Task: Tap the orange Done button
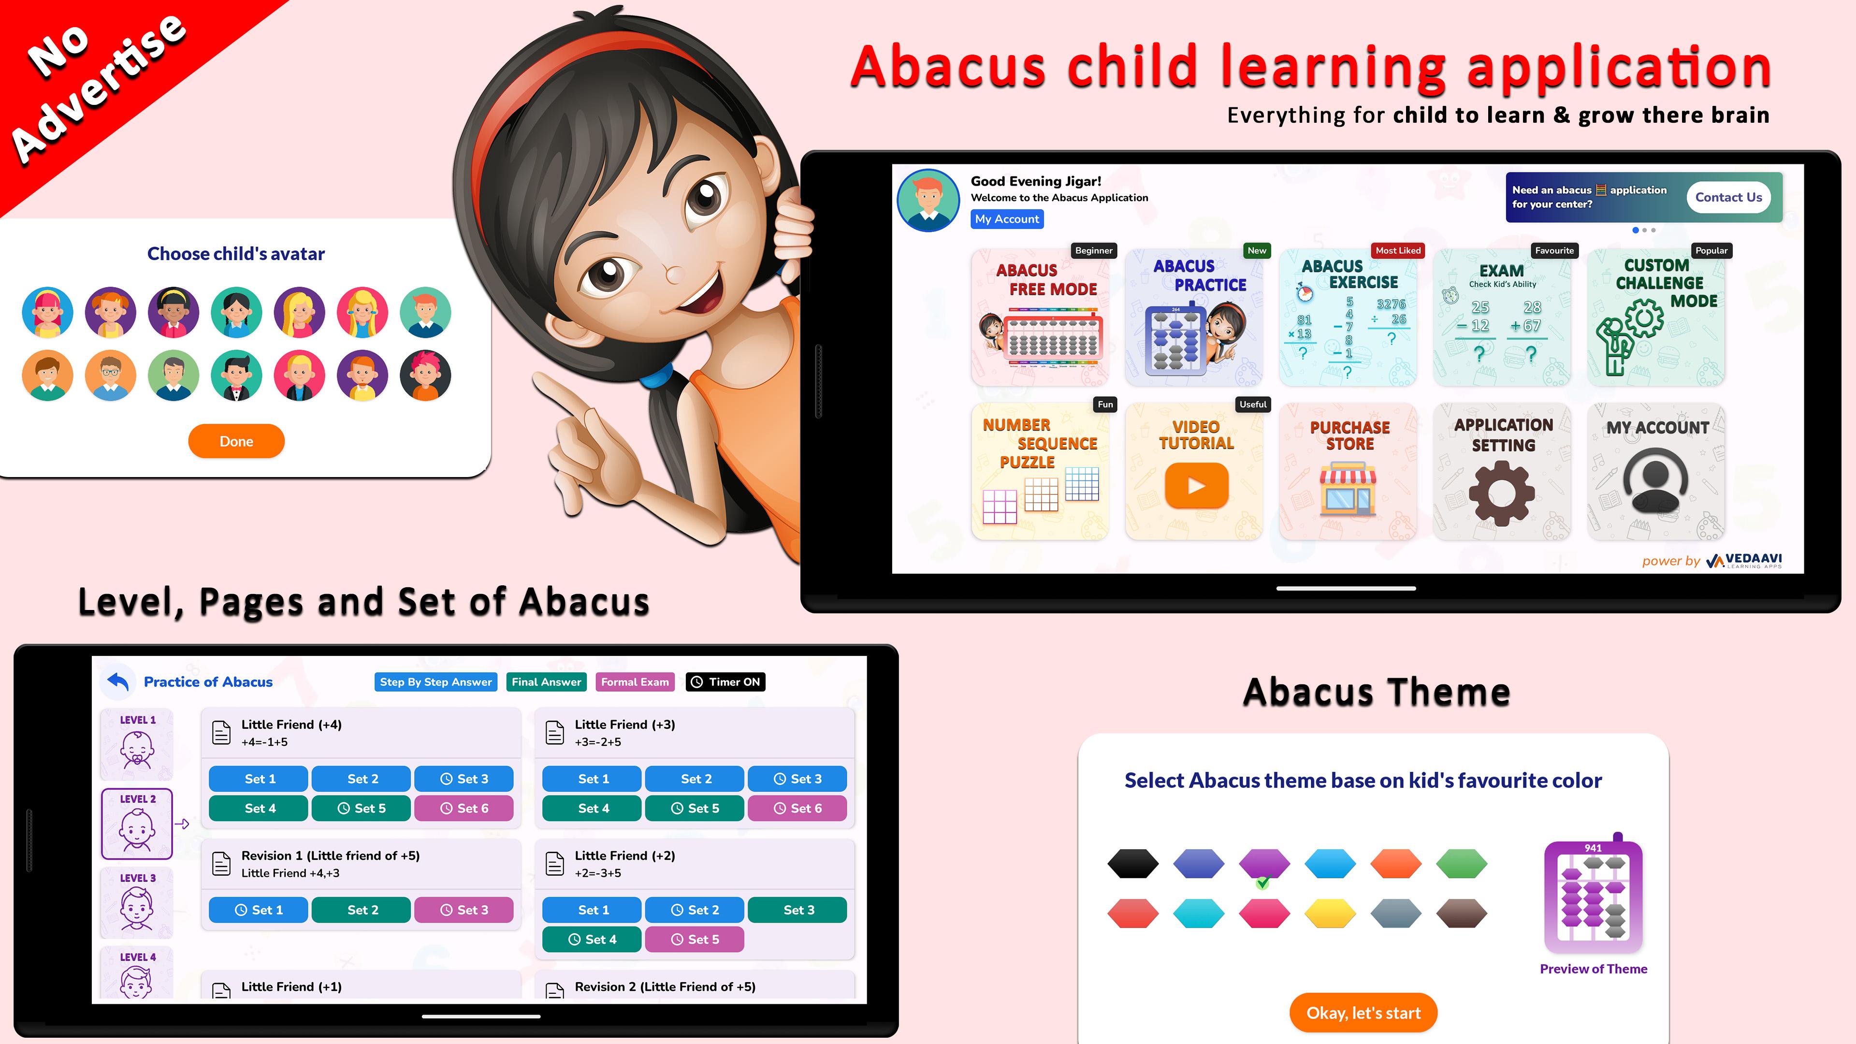coord(236,441)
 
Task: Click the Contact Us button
coord(1728,197)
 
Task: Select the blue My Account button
coord(1006,219)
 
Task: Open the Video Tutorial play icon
coord(1196,486)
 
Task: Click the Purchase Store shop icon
coord(1348,490)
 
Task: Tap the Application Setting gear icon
coord(1502,493)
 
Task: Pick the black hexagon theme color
coord(1132,863)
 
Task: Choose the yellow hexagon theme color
coord(1330,913)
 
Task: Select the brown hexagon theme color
coord(1461,913)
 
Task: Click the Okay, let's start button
coord(1363,1013)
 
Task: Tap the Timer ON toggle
coord(725,681)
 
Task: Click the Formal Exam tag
coord(635,681)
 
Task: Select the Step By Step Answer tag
coord(436,681)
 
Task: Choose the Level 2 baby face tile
coord(137,824)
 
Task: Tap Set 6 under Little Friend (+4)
coord(464,809)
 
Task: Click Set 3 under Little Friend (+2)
coord(797,910)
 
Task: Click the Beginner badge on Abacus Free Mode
coord(1094,251)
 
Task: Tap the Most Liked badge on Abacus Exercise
coord(1398,251)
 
